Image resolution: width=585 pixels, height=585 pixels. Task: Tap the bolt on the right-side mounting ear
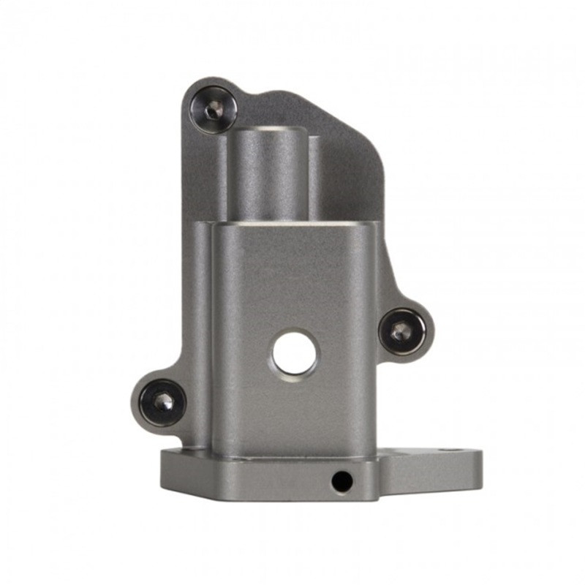[x=401, y=332]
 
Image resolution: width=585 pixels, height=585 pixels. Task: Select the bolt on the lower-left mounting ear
[x=162, y=402]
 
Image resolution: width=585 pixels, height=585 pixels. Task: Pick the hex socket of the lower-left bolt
[x=163, y=402]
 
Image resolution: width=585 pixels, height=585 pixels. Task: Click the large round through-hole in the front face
[x=295, y=354]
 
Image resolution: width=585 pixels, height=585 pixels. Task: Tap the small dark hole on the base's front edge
[x=341, y=481]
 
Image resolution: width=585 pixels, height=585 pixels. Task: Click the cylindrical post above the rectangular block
[x=267, y=175]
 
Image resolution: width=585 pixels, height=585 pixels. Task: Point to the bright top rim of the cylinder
[x=267, y=131]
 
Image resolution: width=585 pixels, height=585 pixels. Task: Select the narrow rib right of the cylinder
[x=314, y=179]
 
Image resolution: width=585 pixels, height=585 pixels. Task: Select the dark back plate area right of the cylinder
[x=347, y=183]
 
